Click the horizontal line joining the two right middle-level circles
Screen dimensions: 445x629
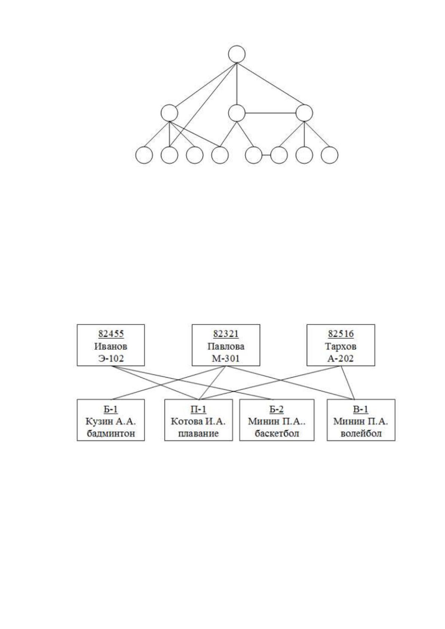point(270,113)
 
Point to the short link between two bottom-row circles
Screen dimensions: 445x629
point(266,155)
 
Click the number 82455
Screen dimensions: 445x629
point(111,334)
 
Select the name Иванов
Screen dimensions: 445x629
point(111,346)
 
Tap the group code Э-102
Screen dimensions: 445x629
point(111,359)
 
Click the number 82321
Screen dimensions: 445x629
point(226,334)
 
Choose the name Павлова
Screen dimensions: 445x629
point(226,346)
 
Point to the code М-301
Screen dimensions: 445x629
point(226,359)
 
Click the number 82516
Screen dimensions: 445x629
point(341,334)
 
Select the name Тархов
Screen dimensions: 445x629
point(341,346)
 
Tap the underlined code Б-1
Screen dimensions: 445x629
point(111,409)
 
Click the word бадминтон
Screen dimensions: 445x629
point(111,434)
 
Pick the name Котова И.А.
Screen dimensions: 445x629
point(198,421)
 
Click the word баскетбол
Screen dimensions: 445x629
point(277,434)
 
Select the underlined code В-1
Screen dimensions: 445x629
point(361,409)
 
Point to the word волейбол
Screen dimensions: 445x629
point(361,434)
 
